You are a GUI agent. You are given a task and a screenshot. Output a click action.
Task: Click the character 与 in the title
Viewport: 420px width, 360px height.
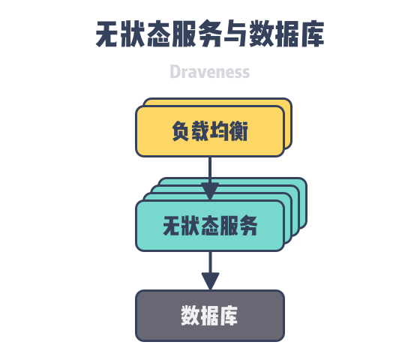click(235, 34)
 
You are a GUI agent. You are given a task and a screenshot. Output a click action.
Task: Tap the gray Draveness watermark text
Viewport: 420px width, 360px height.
click(210, 72)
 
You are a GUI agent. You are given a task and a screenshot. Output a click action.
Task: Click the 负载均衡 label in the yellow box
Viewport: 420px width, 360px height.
click(210, 130)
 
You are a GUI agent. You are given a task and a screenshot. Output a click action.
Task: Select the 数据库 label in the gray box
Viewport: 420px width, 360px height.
click(209, 315)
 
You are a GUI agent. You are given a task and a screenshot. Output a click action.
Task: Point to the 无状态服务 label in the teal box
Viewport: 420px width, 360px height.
click(210, 226)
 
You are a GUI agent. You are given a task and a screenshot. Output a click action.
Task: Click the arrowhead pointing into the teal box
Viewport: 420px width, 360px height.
click(210, 191)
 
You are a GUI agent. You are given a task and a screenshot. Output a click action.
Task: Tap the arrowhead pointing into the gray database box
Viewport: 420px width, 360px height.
click(210, 281)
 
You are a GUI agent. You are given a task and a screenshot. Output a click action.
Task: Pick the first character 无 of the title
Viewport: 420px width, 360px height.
click(108, 34)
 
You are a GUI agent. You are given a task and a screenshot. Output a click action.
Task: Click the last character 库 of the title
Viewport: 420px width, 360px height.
click(312, 34)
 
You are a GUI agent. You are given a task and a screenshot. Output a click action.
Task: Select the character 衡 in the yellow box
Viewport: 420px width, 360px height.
click(238, 130)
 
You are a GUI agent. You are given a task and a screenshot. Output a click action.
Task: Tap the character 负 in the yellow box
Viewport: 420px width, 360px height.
click(181, 130)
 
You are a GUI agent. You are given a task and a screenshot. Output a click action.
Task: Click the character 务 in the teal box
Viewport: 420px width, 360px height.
click(248, 226)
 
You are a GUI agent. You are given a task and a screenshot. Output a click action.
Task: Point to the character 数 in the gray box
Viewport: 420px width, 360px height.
click(190, 315)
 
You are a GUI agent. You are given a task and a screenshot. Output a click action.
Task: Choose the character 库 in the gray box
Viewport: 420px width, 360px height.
click(229, 315)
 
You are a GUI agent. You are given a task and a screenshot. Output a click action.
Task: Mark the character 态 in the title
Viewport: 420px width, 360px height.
click(159, 34)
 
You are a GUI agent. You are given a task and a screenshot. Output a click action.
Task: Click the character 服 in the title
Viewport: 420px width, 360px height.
click(184, 34)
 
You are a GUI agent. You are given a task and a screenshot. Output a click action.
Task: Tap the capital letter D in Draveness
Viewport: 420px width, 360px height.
click(174, 72)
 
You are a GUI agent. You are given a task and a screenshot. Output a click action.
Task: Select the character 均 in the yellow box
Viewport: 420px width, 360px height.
click(219, 130)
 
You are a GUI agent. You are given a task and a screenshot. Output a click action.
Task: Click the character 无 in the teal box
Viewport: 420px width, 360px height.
click(172, 226)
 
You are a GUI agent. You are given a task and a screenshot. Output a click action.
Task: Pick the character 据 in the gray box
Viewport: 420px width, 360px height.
click(209, 315)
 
